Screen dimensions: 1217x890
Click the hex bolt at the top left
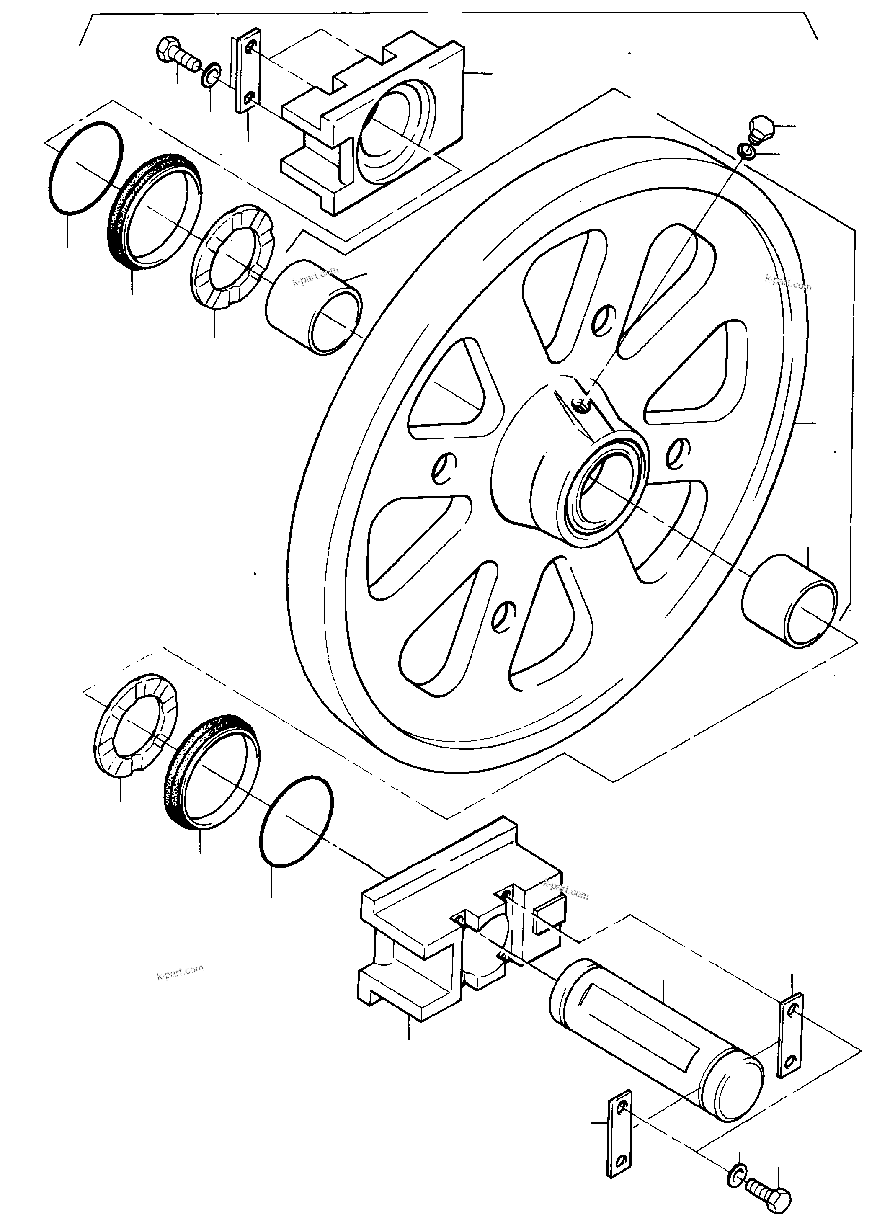pyautogui.click(x=175, y=55)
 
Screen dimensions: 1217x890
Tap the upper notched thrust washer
pyautogui.click(x=232, y=257)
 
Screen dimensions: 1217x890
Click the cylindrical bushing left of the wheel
pyautogui.click(x=314, y=307)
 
